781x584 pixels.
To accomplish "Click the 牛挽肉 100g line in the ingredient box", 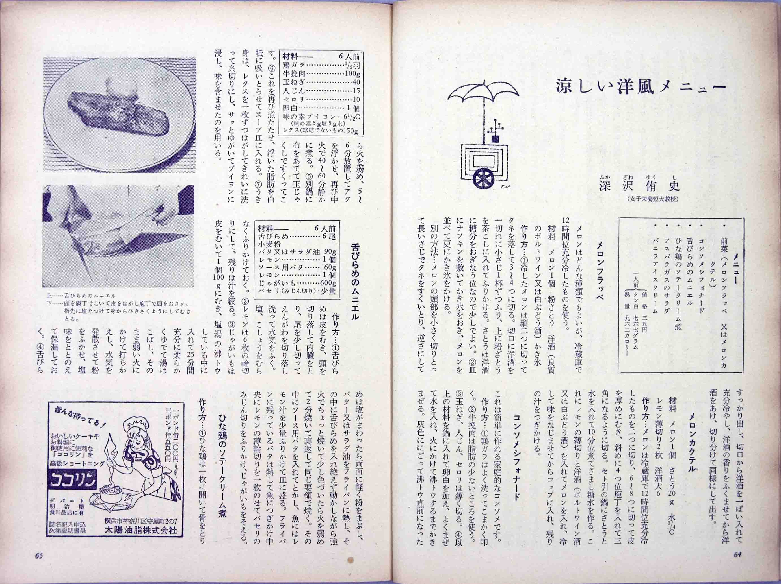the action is point(321,74).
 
